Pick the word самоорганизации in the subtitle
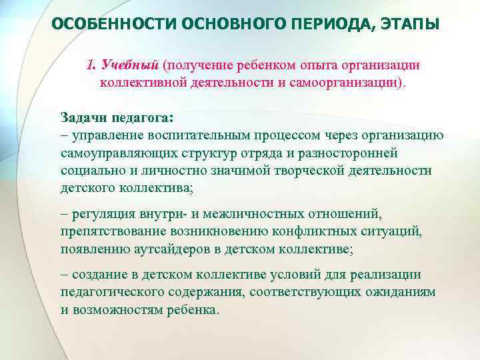tap(345, 83)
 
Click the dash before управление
tap(64, 135)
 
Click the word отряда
tap(236, 153)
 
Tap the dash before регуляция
tap(64, 213)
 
